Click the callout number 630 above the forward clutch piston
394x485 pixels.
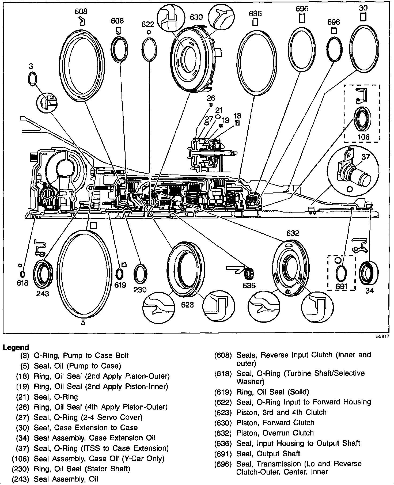point(196,17)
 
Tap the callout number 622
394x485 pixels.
point(148,25)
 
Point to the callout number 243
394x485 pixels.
point(43,294)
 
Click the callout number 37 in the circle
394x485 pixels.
point(365,157)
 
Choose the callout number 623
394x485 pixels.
point(187,304)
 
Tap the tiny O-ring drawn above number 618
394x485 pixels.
point(22,274)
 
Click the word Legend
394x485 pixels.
point(16,347)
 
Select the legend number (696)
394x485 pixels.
point(223,464)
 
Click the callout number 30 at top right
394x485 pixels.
point(363,8)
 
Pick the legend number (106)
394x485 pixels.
point(20,459)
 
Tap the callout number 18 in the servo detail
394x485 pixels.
point(237,116)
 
